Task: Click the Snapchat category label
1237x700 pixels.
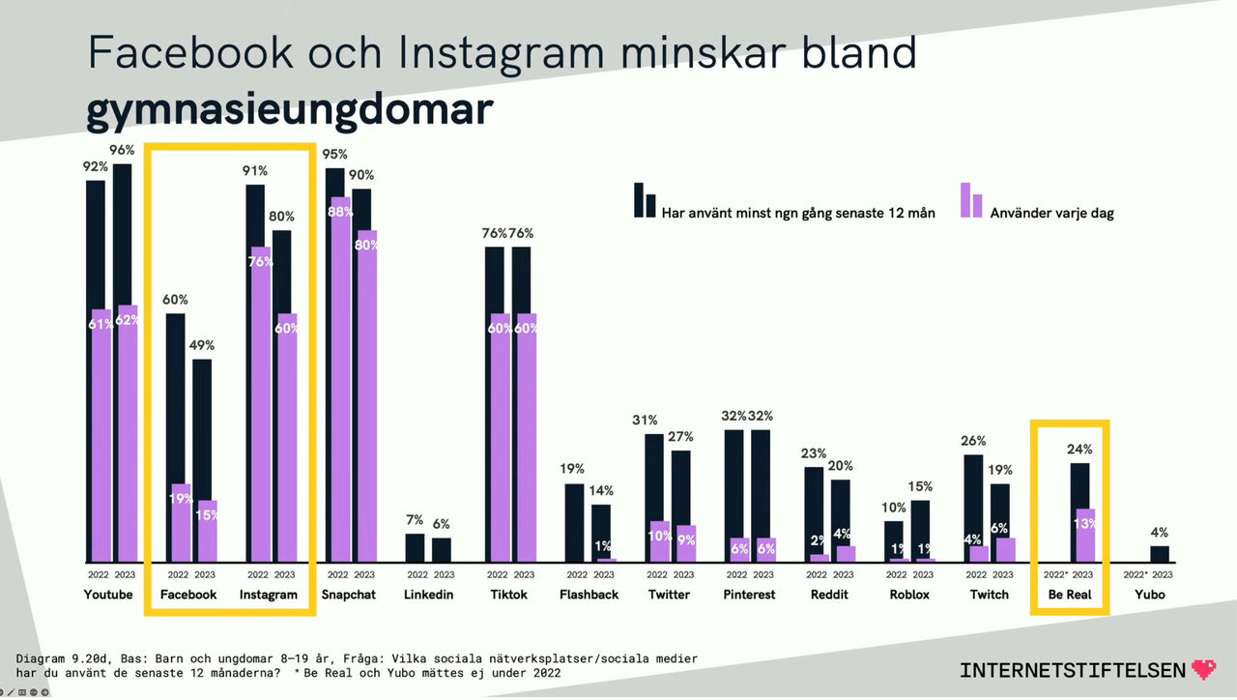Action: pos(348,595)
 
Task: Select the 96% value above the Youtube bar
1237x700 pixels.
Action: pos(122,150)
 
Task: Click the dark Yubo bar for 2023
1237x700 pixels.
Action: pos(1160,553)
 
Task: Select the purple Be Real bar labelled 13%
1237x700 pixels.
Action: pos(1085,535)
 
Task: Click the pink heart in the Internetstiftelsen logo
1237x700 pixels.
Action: pos(1204,669)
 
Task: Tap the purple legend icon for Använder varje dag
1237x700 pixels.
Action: pos(970,200)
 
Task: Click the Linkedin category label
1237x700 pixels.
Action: pos(428,595)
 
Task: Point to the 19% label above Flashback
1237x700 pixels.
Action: pos(573,469)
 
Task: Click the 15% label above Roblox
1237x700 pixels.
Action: pos(921,486)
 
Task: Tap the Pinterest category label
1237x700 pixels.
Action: pos(749,595)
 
